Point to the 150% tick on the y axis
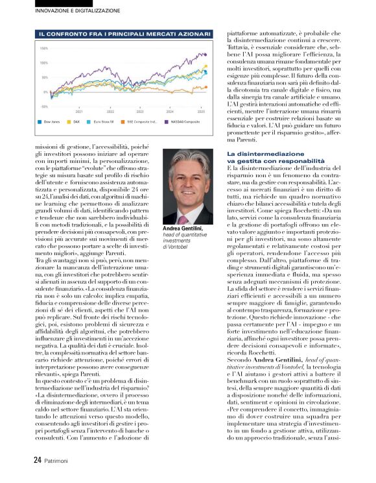pos(44,49)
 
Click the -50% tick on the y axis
pos(44,106)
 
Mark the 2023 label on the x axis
pos(139,110)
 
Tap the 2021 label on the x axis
pos(79,110)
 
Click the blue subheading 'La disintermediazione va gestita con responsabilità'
pos(276,156)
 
